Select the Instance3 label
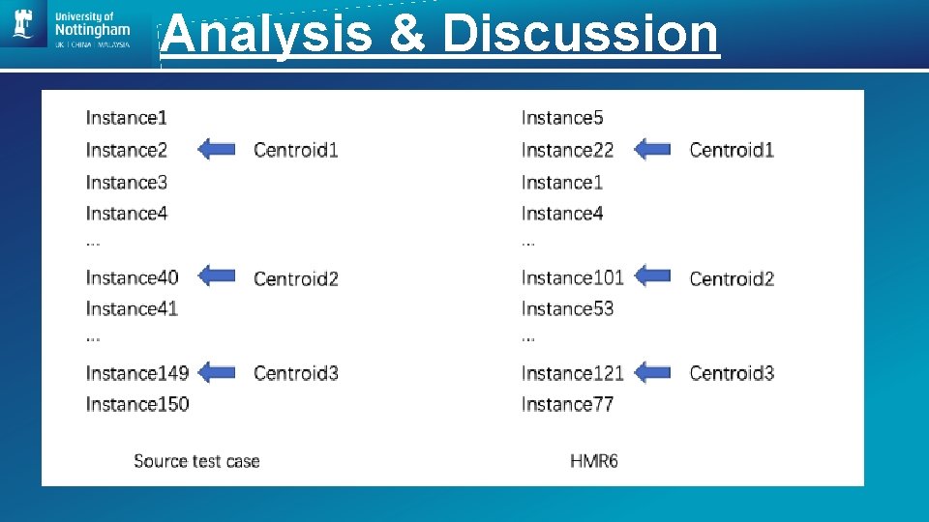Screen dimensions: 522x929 point(127,183)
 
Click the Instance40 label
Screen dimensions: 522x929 point(132,277)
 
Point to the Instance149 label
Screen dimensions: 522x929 point(136,373)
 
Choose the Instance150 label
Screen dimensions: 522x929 point(136,404)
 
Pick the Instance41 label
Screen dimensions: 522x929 point(132,309)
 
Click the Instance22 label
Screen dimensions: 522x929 point(567,150)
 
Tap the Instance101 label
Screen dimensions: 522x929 point(572,277)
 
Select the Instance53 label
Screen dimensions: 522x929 point(567,309)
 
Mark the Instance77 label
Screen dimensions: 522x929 point(567,404)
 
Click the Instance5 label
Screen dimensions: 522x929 point(562,118)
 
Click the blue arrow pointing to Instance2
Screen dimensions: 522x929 point(217,149)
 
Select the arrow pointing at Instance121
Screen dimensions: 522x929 point(652,372)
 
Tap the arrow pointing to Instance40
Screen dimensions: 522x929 point(217,276)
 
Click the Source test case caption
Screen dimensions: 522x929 point(196,461)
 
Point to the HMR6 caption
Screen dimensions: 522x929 point(594,461)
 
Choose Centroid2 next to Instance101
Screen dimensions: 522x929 point(732,278)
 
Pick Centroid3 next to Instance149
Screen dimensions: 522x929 point(296,373)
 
